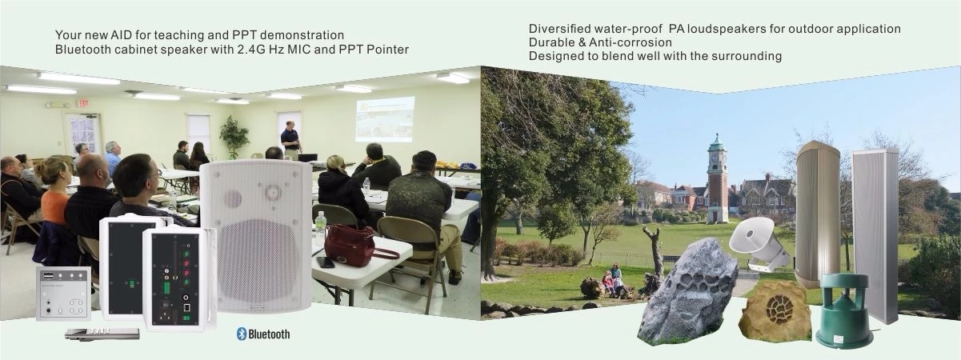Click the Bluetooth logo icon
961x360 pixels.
(242, 334)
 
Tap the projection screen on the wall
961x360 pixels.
(385, 119)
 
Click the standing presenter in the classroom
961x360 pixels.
(291, 140)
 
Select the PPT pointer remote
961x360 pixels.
(102, 334)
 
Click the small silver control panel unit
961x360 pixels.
(63, 294)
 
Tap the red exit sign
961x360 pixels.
(82, 103)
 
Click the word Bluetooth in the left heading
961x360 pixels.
(82, 50)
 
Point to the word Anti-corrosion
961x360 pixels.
(631, 42)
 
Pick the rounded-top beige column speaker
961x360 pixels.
(818, 214)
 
